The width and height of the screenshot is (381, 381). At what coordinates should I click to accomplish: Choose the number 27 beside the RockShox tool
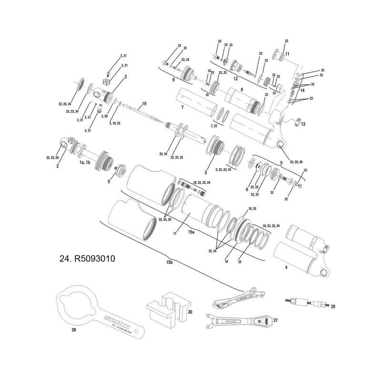pyautogui.click(x=275, y=322)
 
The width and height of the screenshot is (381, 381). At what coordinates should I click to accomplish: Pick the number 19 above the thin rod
pyautogui.click(x=143, y=103)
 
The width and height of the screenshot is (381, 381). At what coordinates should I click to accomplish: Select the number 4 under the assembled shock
pyautogui.click(x=286, y=268)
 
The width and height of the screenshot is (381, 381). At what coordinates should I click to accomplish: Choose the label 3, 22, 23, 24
pyautogui.click(x=223, y=169)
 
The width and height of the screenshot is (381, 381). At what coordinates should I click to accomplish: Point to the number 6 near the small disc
pyautogui.click(x=247, y=190)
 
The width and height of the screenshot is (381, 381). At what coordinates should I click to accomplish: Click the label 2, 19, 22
pyautogui.click(x=114, y=123)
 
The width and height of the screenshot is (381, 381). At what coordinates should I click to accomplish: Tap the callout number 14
pyautogui.click(x=301, y=90)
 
